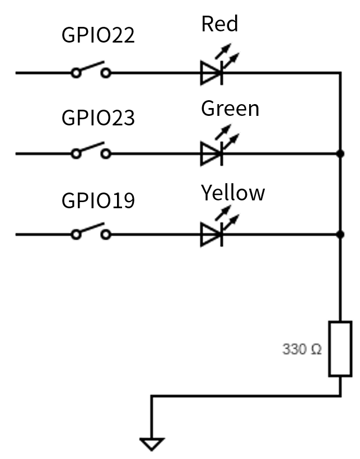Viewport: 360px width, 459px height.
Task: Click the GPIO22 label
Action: pyautogui.click(x=98, y=35)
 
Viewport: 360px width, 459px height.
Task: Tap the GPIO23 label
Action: pyautogui.click(x=98, y=118)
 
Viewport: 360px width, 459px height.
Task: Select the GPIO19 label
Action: pyautogui.click(x=98, y=200)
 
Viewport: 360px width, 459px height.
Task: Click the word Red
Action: pyautogui.click(x=219, y=24)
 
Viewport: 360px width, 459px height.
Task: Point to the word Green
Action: pyautogui.click(x=230, y=108)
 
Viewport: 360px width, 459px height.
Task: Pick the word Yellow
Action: pyautogui.click(x=233, y=193)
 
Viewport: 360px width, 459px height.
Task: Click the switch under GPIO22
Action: pyautogui.click(x=90, y=70)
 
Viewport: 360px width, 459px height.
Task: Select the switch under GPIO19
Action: pyautogui.click(x=90, y=232)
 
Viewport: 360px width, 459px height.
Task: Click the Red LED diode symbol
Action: pyautogui.click(x=212, y=73)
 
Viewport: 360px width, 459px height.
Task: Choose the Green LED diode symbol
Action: pyautogui.click(x=212, y=153)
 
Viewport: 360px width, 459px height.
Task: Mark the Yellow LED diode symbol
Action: pyautogui.click(x=212, y=235)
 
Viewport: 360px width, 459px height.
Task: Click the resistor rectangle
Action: pyautogui.click(x=340, y=348)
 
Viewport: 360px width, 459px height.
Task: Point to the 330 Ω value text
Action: pyautogui.click(x=302, y=350)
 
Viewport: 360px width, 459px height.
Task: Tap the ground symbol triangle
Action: pyautogui.click(x=152, y=444)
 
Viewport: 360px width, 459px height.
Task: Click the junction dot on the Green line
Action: pyautogui.click(x=340, y=153)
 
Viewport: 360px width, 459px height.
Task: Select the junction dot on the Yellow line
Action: pyautogui.click(x=340, y=235)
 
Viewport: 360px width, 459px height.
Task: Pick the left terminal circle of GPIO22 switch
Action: pyautogui.click(x=76, y=73)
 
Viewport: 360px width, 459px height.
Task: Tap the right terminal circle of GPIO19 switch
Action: pyautogui.click(x=105, y=235)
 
